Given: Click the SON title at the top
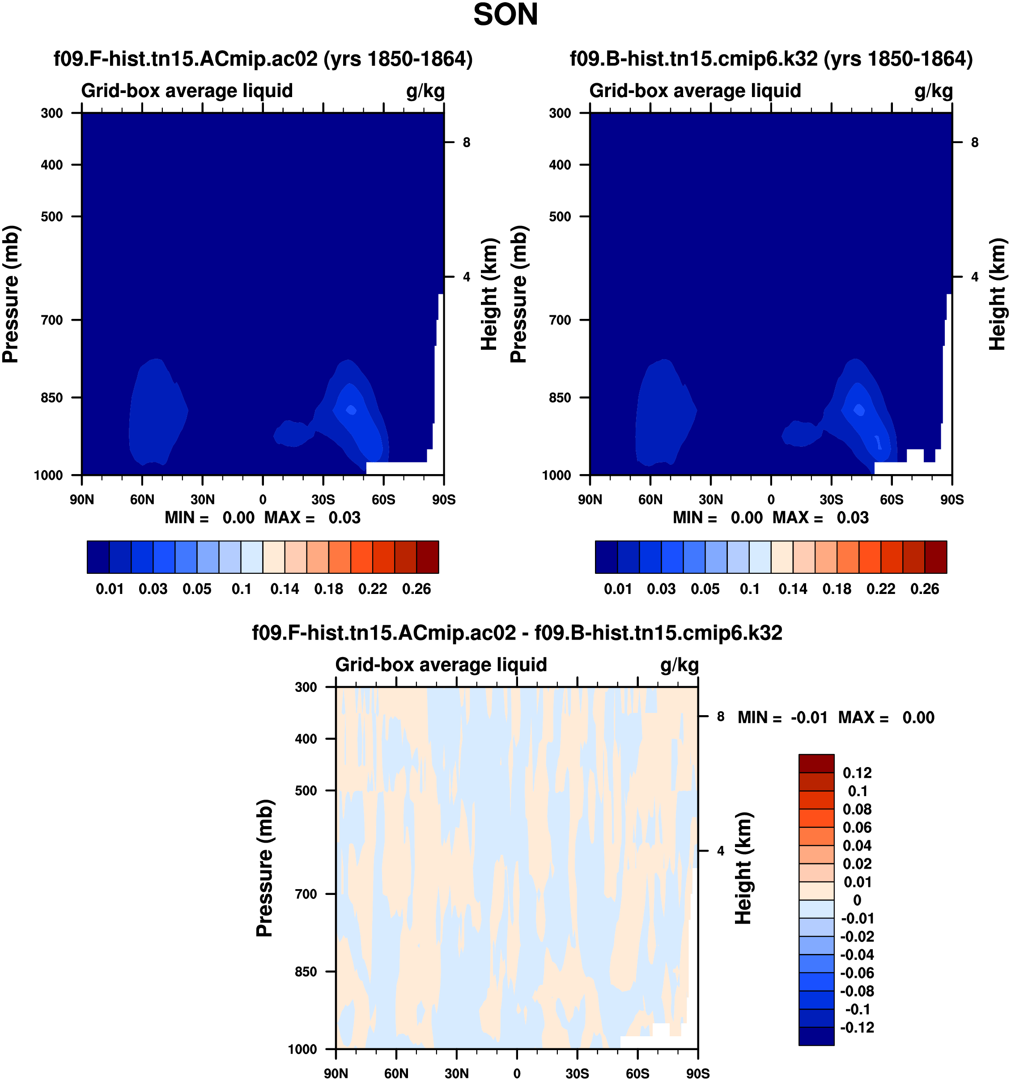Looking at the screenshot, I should (x=505, y=15).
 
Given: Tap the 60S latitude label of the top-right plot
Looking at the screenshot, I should (x=892, y=500).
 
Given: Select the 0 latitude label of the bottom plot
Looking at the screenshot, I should (x=517, y=1073).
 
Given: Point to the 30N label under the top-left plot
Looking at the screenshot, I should (x=202, y=500).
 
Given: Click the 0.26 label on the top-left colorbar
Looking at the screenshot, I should (x=416, y=589).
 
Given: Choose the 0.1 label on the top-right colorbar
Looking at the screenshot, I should (x=749, y=589).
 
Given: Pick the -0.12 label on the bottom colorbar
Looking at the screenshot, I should (x=857, y=1028).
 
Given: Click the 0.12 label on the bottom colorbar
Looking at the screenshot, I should (x=857, y=773).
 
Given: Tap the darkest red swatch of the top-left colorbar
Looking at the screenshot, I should (x=428, y=557).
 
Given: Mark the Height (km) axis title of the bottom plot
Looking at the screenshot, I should (x=743, y=869).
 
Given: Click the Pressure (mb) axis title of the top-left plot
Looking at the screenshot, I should (x=11, y=294).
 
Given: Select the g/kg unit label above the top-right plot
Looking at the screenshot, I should (x=933, y=91).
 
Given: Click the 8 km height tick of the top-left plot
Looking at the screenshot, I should (x=466, y=143).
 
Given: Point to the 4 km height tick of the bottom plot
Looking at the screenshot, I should (x=721, y=851).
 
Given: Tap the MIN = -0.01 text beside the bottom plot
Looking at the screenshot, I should (x=782, y=718).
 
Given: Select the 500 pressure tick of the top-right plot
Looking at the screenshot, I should (x=560, y=216).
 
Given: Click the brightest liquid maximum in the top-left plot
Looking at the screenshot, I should (x=351, y=409).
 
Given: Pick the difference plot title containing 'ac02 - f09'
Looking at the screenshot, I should (x=517, y=633).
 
